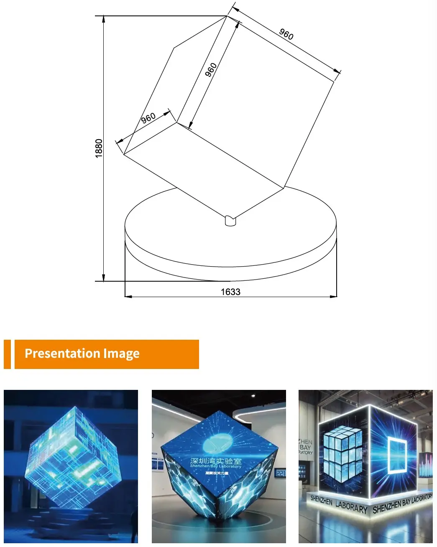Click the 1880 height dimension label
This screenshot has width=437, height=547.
point(99,148)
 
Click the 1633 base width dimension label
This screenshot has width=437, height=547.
point(230,292)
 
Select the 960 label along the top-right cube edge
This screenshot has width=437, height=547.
point(286,34)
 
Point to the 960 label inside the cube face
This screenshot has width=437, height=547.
point(211,69)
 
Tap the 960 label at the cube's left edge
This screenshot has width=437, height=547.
point(148,118)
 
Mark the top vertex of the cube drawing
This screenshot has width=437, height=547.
point(227,16)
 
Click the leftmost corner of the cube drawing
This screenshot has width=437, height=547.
point(124,154)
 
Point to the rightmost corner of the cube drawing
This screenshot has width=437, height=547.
point(334,81)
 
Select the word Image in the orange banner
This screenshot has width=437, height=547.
point(121,354)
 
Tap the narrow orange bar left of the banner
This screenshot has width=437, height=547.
point(7,354)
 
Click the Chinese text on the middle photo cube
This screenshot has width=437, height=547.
point(216,461)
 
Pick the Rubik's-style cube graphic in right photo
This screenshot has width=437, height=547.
point(342,452)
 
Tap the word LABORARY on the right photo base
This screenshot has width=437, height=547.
point(351,507)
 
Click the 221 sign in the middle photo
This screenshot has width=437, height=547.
point(280,473)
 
